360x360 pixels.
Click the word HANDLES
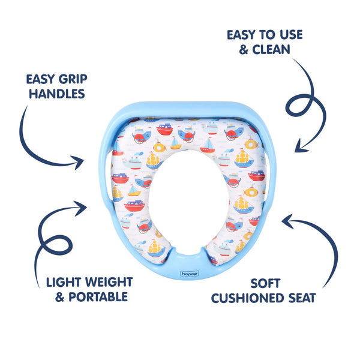(x=55, y=94)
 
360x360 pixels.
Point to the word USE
(x=287, y=34)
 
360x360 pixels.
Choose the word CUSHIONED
(x=248, y=296)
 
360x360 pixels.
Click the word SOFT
(x=262, y=282)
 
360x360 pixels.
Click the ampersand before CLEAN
(x=244, y=49)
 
